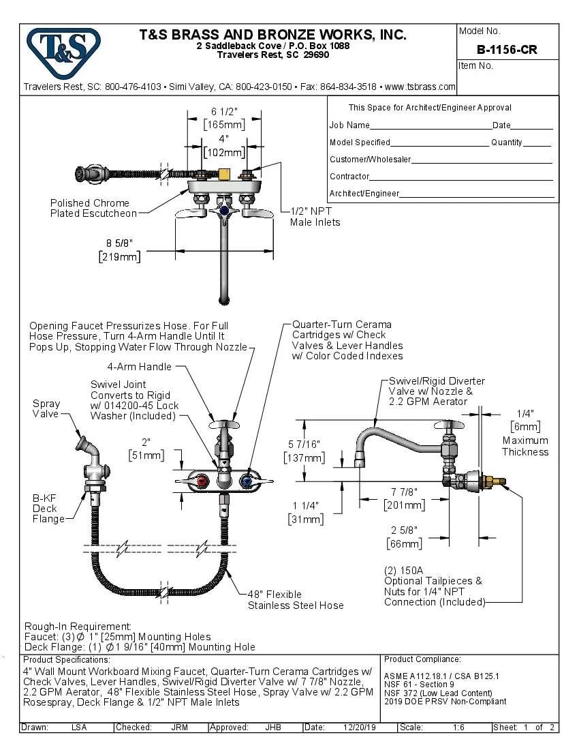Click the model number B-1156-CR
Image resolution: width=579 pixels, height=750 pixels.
pyautogui.click(x=507, y=50)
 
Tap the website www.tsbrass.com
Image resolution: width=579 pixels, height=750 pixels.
pyautogui.click(x=420, y=87)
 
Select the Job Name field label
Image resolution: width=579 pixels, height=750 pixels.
pyautogui.click(x=349, y=125)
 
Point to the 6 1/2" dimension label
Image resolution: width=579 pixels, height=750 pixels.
pyautogui.click(x=224, y=112)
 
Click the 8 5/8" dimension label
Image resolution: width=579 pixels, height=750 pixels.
pyautogui.click(x=119, y=243)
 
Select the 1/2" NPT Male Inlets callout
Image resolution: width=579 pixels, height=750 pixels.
pyautogui.click(x=315, y=217)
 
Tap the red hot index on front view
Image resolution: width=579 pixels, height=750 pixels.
pyautogui.click(x=200, y=483)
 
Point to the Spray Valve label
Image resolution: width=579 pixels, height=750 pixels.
pyautogui.click(x=46, y=408)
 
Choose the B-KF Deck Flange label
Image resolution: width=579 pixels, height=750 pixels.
pyautogui.click(x=48, y=508)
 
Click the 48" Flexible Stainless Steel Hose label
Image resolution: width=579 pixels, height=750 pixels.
pyautogui.click(x=295, y=599)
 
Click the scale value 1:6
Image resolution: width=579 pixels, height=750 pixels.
pyautogui.click(x=458, y=727)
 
